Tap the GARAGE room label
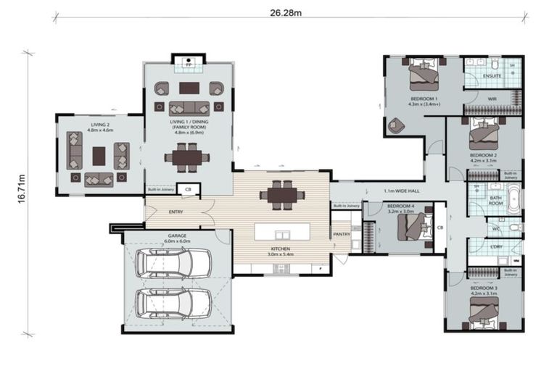pyautogui.click(x=178, y=235)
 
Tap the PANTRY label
pyautogui.click(x=342, y=235)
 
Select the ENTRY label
pyautogui.click(x=176, y=212)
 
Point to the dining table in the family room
pyautogui.click(x=188, y=157)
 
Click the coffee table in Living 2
pyautogui.click(x=99, y=156)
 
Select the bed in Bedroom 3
pyautogui.click(x=483, y=311)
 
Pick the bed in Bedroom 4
pyautogui.click(x=406, y=228)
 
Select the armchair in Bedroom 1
pyautogui.click(x=396, y=125)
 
